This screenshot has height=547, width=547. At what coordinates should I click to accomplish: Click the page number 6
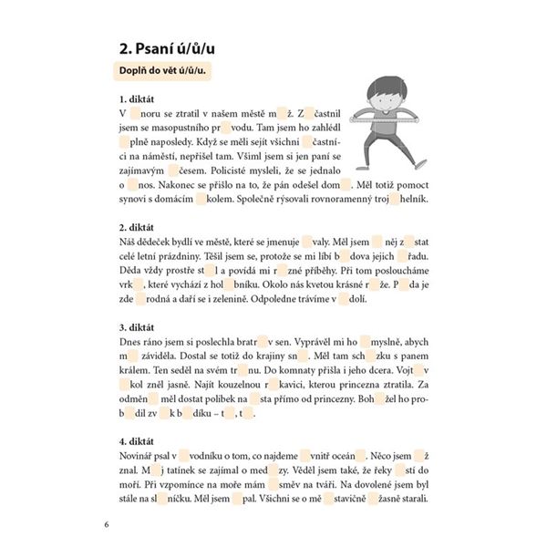click(x=107, y=525)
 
